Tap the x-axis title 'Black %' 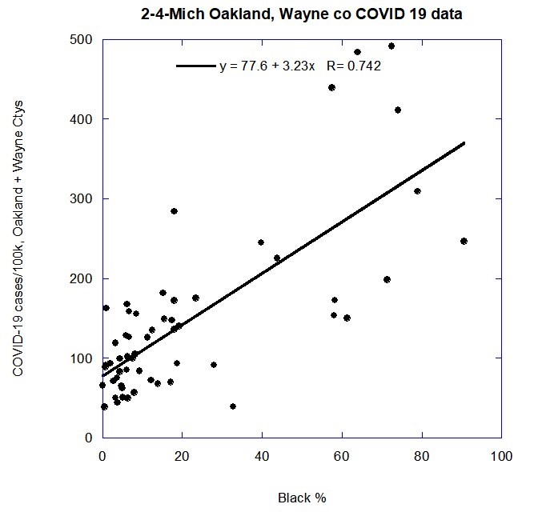(x=302, y=498)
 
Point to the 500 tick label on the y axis (x=82, y=40)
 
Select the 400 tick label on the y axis (x=82, y=119)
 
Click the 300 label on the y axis (x=82, y=199)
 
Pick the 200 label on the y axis (x=82, y=278)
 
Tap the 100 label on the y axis (x=82, y=358)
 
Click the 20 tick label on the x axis (x=183, y=456)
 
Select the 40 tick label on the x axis (x=262, y=456)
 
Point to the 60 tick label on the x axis (x=342, y=456)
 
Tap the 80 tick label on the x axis (x=422, y=456)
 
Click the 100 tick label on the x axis (x=501, y=456)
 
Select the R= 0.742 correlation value (x=354, y=66)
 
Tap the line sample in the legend (x=196, y=66)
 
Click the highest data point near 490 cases (x=391, y=46)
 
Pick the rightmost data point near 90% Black (x=464, y=241)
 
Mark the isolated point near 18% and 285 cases (x=174, y=211)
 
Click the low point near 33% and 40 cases (x=233, y=406)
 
